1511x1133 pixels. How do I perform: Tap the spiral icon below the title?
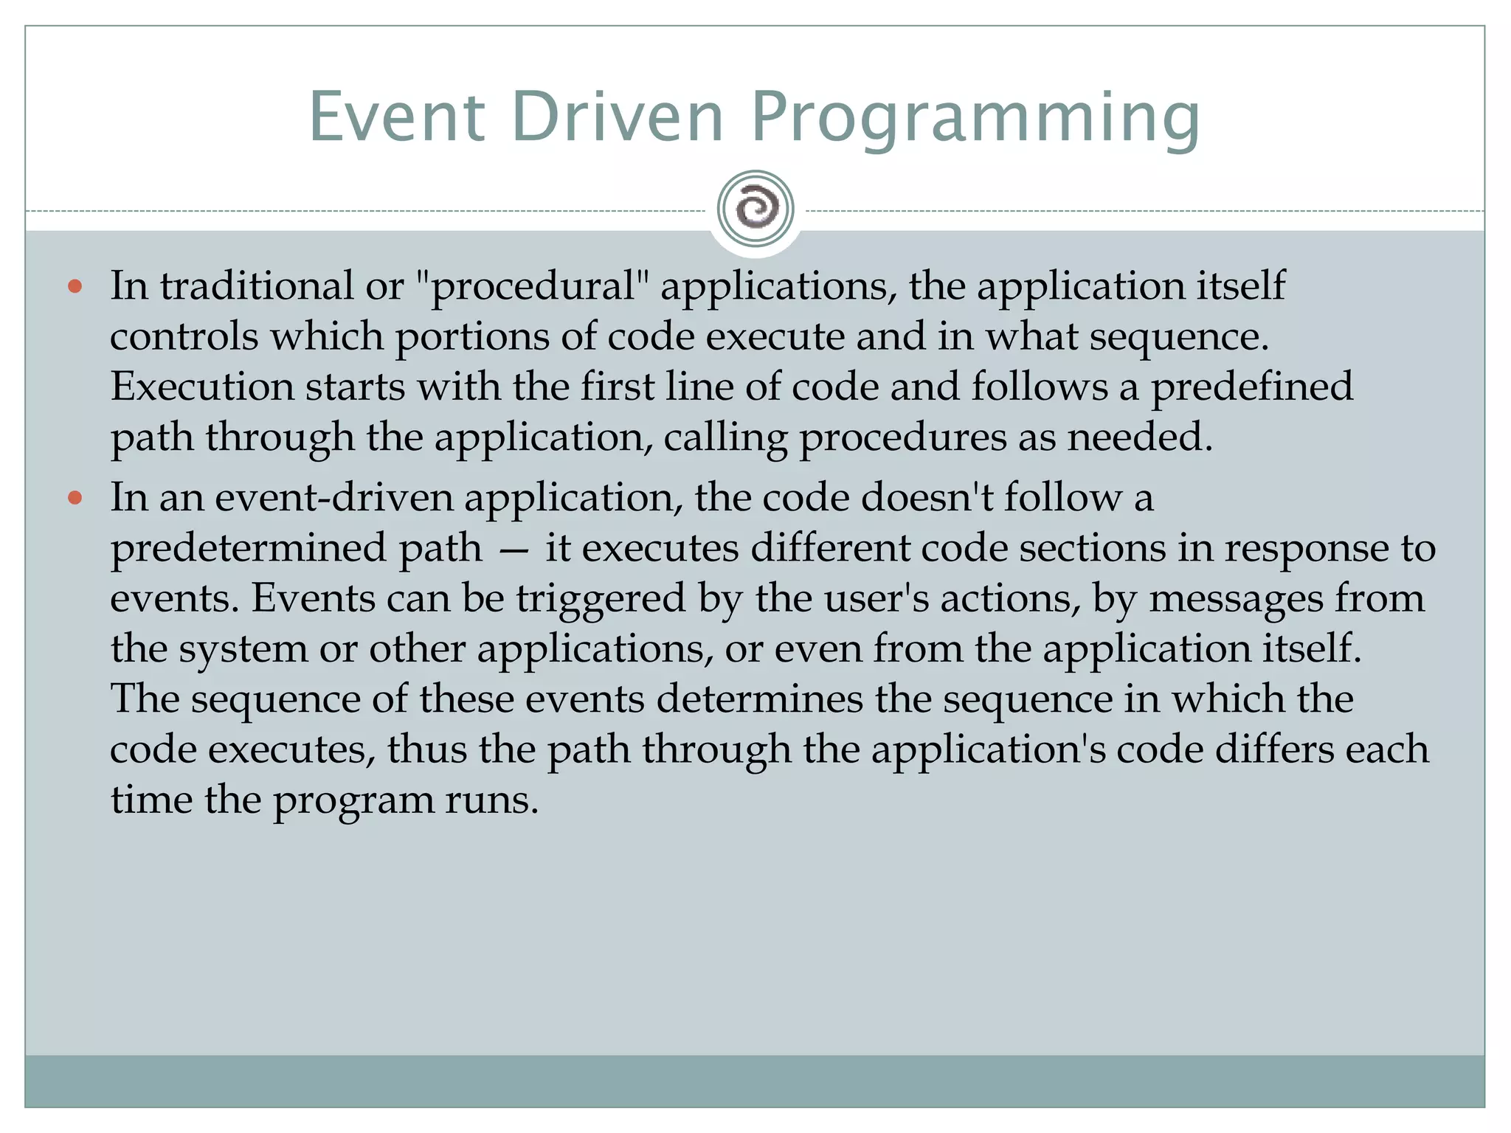(x=755, y=209)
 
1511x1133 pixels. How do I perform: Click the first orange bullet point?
(x=75, y=286)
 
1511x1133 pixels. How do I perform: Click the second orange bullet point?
(x=75, y=498)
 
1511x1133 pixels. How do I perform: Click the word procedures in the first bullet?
(x=903, y=438)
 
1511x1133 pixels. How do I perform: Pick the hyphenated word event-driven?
(x=334, y=497)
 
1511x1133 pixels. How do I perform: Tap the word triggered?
(x=601, y=599)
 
